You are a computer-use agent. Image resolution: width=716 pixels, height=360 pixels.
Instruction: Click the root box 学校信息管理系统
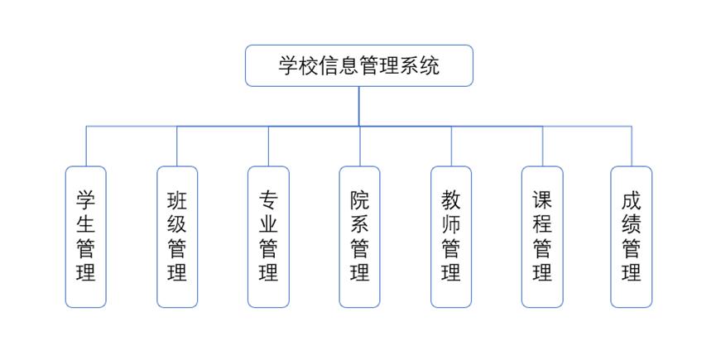[x=358, y=65]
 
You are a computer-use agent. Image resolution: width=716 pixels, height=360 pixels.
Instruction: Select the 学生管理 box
[x=86, y=237]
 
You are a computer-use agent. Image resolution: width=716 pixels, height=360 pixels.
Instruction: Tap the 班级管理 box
[x=177, y=237]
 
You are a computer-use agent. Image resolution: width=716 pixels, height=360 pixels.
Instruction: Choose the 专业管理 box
[x=268, y=237]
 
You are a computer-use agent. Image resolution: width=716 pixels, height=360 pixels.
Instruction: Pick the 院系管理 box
[x=359, y=237]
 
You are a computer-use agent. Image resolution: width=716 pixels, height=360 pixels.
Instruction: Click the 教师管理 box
[x=451, y=237]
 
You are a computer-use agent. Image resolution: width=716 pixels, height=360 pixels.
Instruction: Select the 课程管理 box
[x=542, y=237]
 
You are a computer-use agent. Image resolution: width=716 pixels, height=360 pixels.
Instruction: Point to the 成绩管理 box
[x=632, y=237]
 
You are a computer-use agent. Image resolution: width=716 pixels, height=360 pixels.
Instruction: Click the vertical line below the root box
[x=359, y=106]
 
